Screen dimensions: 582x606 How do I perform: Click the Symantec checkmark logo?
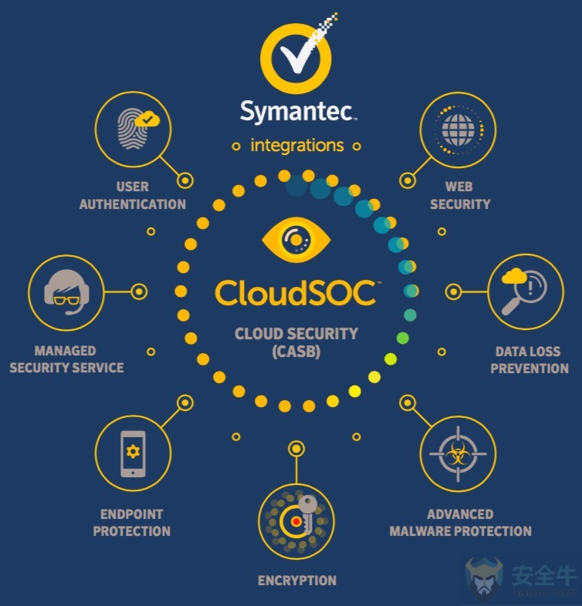click(x=296, y=57)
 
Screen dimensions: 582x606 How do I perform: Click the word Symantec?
click(x=297, y=112)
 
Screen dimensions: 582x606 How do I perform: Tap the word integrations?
click(x=297, y=145)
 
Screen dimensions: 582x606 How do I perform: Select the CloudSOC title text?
click(x=296, y=292)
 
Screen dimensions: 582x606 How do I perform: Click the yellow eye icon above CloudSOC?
click(x=296, y=240)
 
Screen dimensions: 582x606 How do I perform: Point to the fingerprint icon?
click(x=132, y=129)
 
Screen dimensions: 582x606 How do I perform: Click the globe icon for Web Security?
click(x=458, y=130)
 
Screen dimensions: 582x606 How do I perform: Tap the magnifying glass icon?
click(x=524, y=292)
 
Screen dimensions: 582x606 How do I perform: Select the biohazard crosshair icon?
click(x=458, y=454)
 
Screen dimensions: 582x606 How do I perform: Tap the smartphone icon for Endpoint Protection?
click(x=133, y=453)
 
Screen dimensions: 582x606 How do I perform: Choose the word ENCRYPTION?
click(x=297, y=581)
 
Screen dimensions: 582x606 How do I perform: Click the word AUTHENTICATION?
click(x=132, y=204)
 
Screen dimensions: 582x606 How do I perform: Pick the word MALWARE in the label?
click(x=421, y=531)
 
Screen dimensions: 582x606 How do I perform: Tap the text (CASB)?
click(x=296, y=352)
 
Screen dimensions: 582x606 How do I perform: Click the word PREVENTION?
click(x=530, y=369)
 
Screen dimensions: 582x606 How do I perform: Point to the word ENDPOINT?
click(x=131, y=514)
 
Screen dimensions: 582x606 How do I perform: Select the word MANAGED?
click(x=65, y=351)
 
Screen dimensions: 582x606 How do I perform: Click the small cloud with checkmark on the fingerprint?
click(x=147, y=119)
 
